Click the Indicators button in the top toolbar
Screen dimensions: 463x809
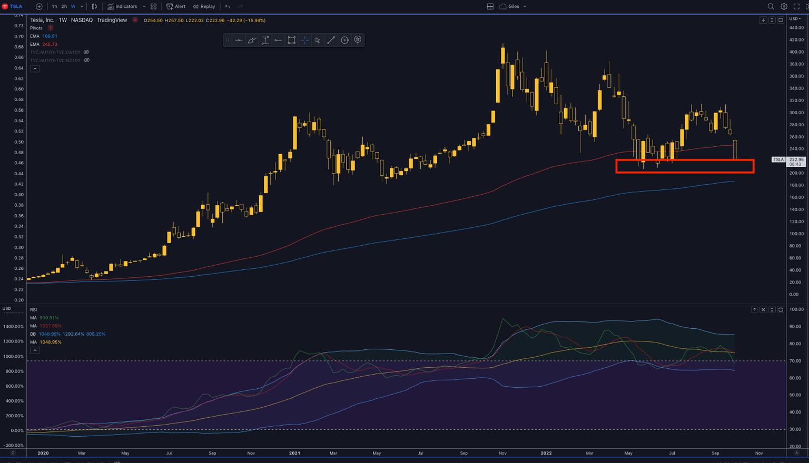tap(122, 6)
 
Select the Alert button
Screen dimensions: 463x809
tap(176, 6)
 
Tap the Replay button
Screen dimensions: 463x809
tap(204, 6)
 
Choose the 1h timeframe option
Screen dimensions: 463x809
tap(54, 6)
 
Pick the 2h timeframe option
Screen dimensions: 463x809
tap(64, 6)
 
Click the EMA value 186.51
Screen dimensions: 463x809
tap(50, 36)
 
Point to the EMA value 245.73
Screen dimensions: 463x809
tap(50, 44)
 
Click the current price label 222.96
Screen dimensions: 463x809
tap(796, 159)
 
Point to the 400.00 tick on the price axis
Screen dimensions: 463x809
tap(796, 52)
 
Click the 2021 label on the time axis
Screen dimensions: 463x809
tap(294, 453)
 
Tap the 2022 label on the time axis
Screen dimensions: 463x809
tap(546, 453)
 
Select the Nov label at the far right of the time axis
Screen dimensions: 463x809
tap(759, 453)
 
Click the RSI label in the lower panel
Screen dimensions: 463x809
tap(34, 310)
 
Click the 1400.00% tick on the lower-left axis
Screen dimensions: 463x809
tap(13, 327)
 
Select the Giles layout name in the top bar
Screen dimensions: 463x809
tap(514, 6)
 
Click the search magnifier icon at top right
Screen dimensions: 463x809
tap(771, 6)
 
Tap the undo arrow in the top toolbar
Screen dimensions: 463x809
tap(228, 6)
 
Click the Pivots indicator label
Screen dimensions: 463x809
tap(36, 28)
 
